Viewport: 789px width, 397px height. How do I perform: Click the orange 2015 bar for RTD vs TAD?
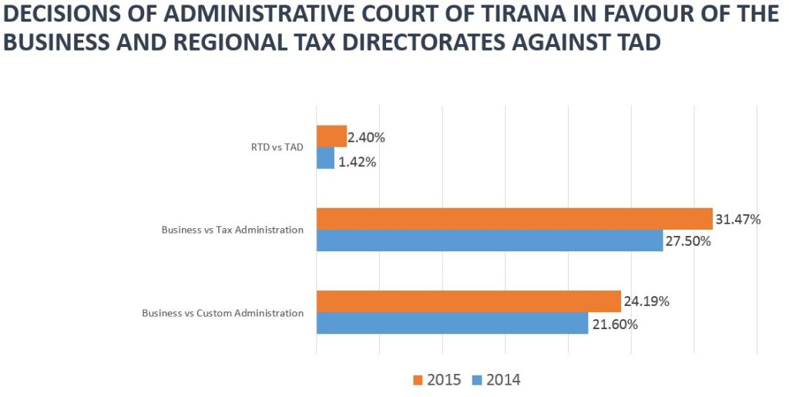point(331,136)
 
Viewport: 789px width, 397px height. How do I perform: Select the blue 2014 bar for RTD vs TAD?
point(325,159)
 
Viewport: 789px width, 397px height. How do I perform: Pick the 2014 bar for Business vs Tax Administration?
point(489,241)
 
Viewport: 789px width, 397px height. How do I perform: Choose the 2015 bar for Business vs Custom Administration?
point(468,301)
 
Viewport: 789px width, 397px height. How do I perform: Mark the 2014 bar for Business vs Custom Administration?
point(452,324)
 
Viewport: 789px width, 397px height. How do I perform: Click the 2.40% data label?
point(366,138)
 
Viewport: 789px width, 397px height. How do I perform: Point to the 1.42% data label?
point(357,162)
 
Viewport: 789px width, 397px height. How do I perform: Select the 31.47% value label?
point(737,220)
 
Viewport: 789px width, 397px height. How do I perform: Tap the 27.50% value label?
point(687,242)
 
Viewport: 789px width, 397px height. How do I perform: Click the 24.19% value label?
point(646,301)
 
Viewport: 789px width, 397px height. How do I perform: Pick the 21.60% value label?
point(614,325)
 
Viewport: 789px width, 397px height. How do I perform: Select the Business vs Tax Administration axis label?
point(232,230)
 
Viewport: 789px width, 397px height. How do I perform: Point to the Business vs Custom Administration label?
point(223,313)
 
